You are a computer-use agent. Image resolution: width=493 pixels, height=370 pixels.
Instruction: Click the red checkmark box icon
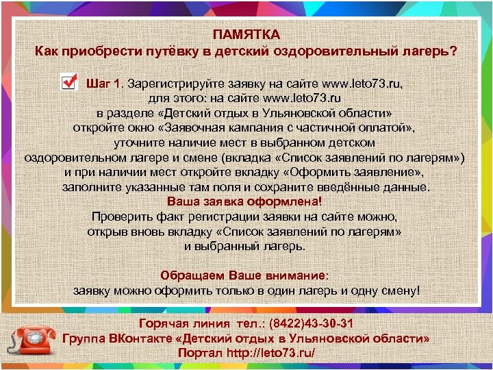(x=68, y=82)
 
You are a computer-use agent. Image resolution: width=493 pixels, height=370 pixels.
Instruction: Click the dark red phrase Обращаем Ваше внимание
(x=244, y=275)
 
